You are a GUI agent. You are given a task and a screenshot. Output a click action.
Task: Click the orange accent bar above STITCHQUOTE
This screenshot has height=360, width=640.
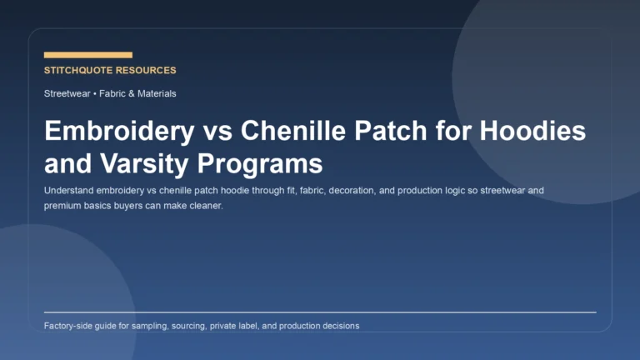87,55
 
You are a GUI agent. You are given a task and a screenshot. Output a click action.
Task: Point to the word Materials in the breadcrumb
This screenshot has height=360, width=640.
156,94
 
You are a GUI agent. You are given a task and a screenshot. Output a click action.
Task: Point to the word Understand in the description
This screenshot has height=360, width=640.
69,190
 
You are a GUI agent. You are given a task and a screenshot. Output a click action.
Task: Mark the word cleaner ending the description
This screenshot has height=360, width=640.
205,205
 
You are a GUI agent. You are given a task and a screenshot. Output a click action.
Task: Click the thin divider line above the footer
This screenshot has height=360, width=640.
320,312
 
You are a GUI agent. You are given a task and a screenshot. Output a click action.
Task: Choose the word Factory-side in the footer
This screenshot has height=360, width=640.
70,326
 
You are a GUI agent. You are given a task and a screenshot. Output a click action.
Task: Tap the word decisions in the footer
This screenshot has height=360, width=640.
340,326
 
